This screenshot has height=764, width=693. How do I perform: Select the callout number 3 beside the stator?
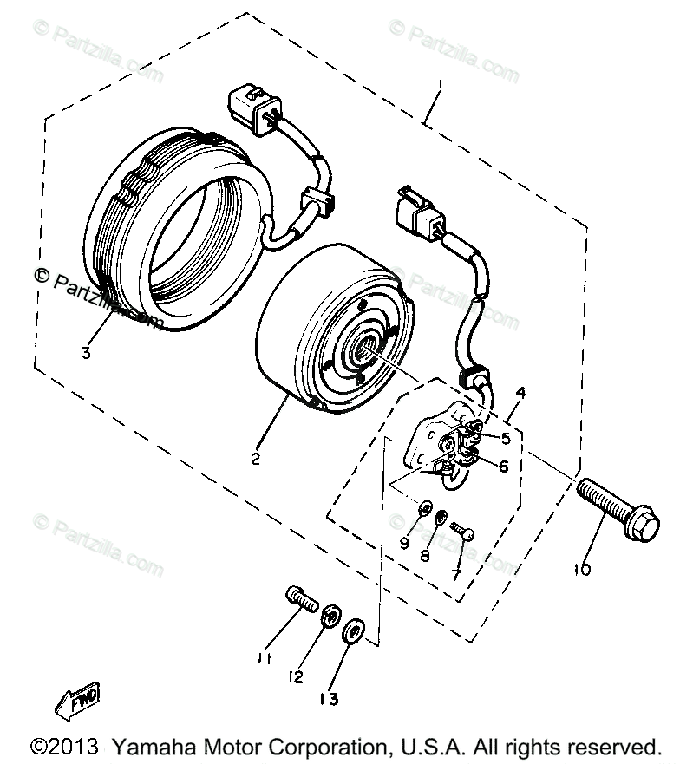pos(86,352)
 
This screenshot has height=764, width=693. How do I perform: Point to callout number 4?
pos(520,394)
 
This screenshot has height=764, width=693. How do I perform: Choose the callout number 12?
pos(297,676)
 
